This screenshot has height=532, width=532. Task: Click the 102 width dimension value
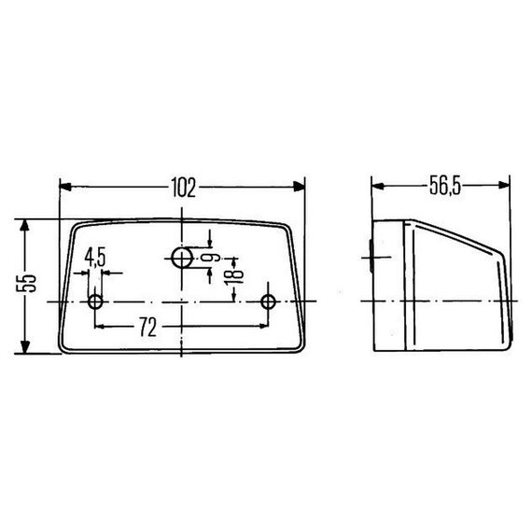point(184,188)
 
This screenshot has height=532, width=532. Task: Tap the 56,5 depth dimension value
point(445,186)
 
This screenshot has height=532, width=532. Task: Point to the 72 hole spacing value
point(147,327)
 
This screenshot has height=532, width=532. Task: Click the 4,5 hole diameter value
point(95,257)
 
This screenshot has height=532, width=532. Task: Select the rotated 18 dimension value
point(234,273)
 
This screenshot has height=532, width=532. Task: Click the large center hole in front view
point(182,258)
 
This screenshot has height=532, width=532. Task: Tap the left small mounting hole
point(95,301)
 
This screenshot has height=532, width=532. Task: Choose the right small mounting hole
point(269,301)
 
